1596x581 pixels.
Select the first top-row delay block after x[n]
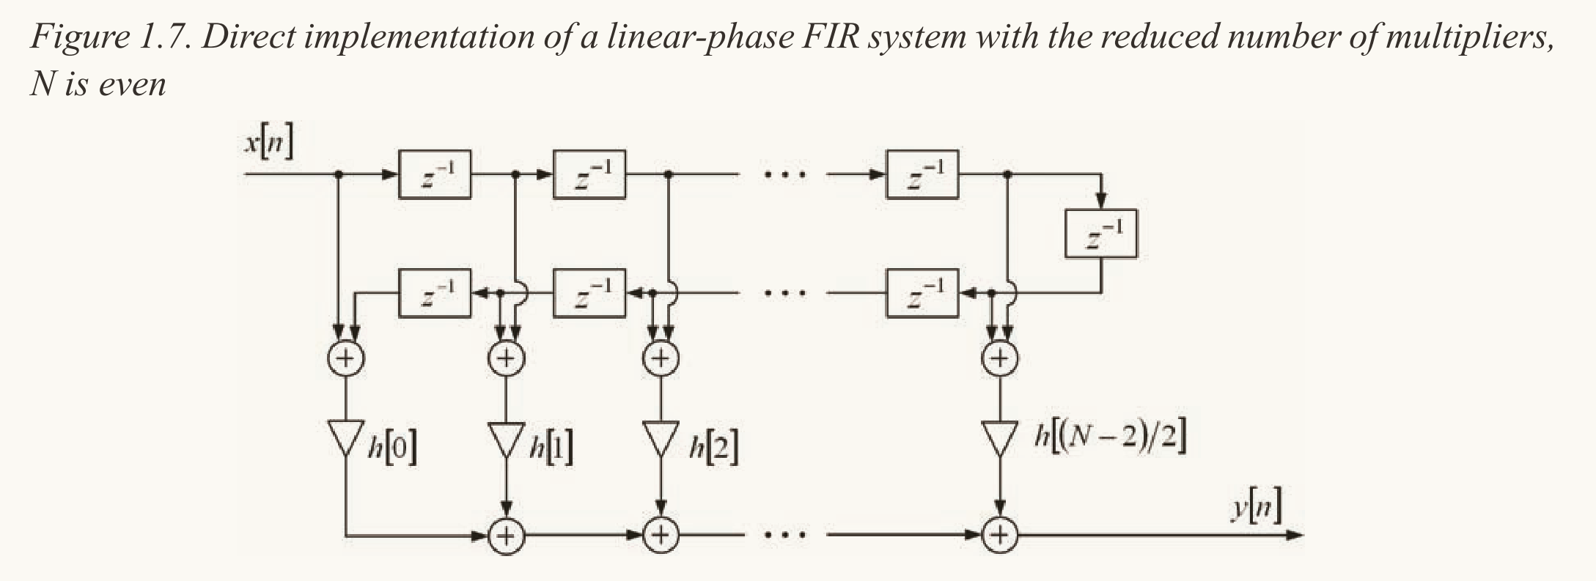(435, 174)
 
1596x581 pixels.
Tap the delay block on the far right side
(1100, 234)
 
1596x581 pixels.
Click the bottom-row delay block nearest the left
(435, 293)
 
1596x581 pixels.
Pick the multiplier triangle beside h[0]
(345, 438)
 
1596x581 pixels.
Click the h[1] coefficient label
(550, 447)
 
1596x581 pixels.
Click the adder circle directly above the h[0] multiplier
(345, 358)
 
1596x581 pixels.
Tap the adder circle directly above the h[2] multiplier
(661, 358)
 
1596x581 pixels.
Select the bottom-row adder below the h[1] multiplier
(507, 536)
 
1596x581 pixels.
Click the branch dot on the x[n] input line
(339, 174)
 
